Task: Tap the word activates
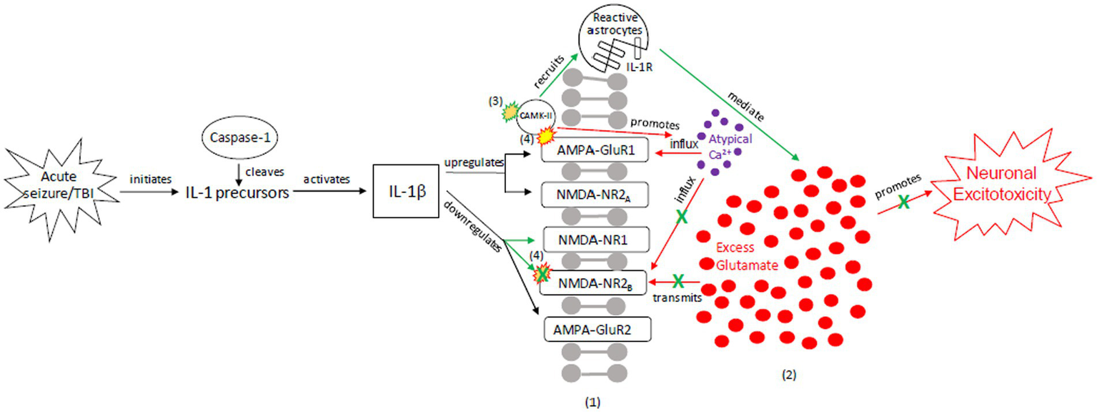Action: point(326,179)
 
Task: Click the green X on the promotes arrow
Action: point(904,202)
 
